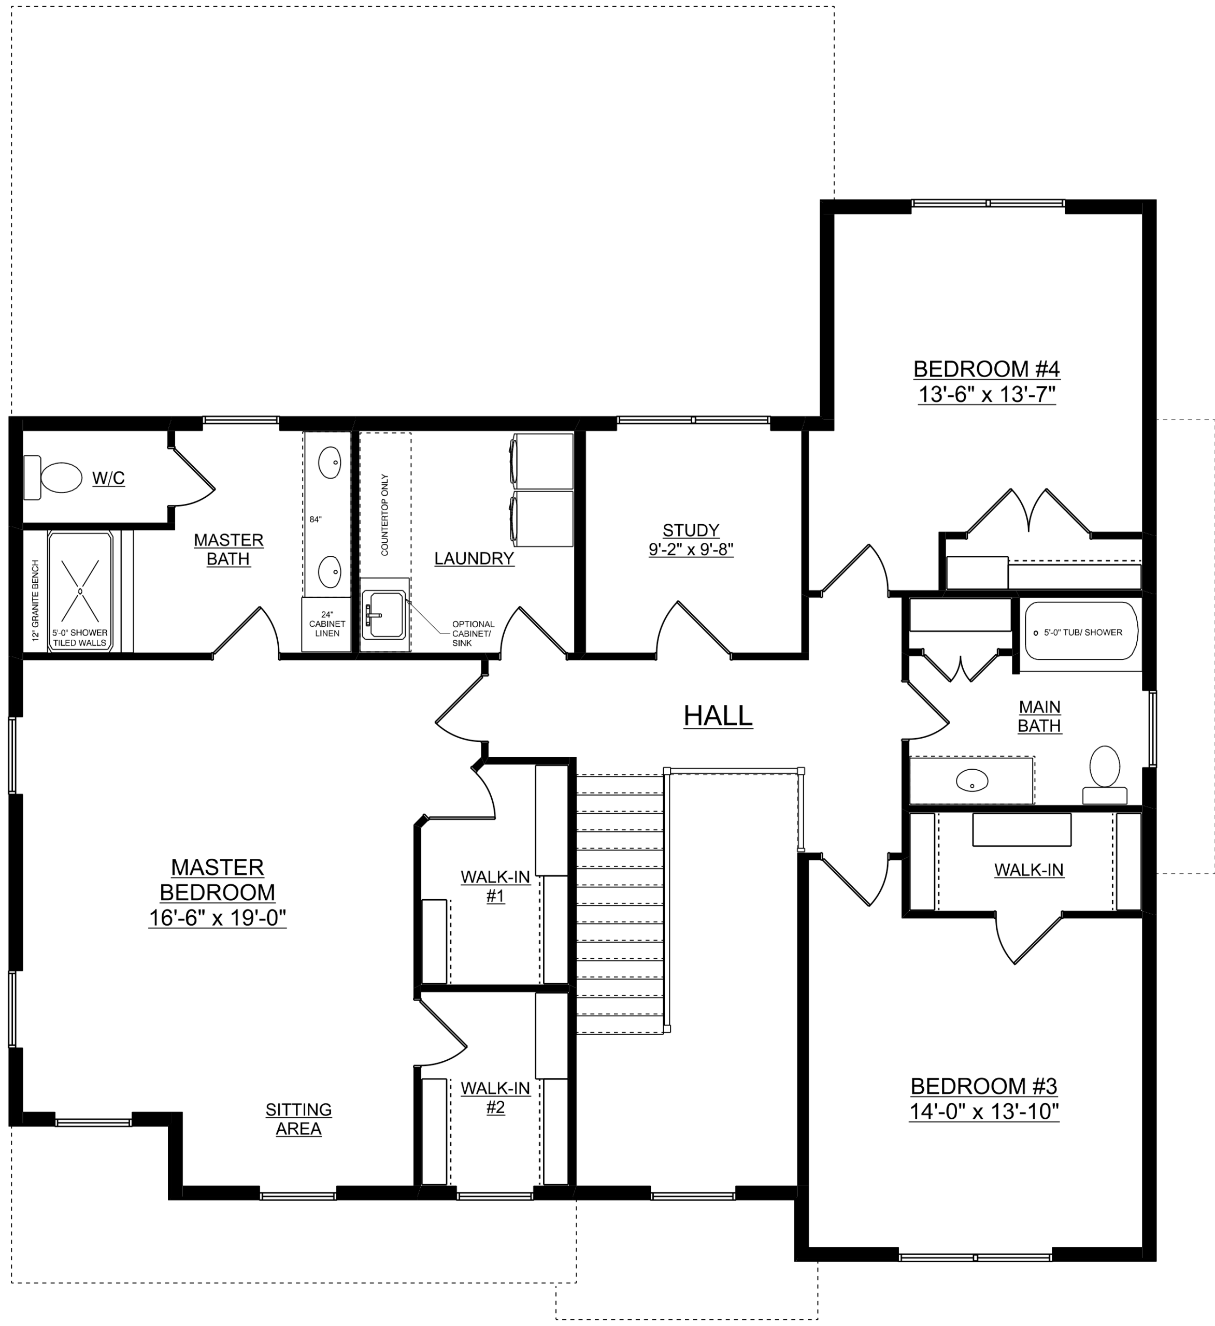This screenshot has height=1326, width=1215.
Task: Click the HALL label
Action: (718, 716)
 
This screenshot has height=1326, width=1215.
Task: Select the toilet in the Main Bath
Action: (1105, 775)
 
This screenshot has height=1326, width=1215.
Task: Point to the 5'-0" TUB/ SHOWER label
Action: (1083, 632)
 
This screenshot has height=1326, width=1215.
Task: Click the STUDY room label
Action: (691, 530)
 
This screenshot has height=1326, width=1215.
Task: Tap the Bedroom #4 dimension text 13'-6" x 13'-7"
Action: (987, 395)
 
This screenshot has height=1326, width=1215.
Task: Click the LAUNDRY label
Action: (474, 558)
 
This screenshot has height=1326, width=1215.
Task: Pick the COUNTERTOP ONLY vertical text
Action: (385, 514)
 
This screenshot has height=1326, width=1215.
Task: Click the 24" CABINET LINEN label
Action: (327, 624)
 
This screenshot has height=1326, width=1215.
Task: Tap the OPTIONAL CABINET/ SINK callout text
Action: (473, 633)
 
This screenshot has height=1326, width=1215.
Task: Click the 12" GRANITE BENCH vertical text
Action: (36, 600)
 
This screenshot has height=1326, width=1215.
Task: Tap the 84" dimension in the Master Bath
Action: (316, 520)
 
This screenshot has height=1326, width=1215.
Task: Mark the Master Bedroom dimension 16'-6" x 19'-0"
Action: (218, 917)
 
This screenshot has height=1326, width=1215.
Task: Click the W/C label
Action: (108, 478)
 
